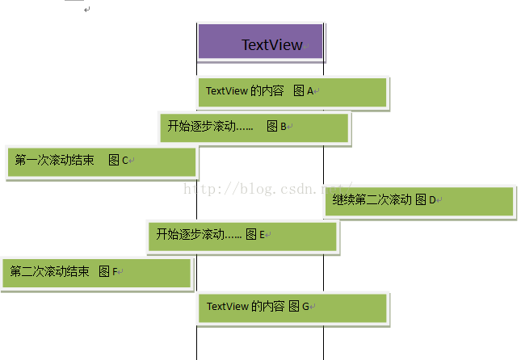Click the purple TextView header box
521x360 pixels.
tap(260, 42)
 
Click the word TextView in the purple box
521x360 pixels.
tap(272, 45)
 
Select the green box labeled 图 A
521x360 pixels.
tap(293, 92)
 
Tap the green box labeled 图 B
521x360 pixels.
tap(254, 128)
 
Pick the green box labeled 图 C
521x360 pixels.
tap(102, 161)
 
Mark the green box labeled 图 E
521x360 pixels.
tap(242, 236)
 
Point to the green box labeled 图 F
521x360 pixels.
tap(97, 273)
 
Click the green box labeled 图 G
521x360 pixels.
tap(292, 308)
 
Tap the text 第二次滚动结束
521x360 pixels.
tap(49, 272)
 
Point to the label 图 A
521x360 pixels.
tap(303, 91)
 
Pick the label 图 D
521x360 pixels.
tap(426, 199)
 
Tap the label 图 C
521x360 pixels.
tap(118, 160)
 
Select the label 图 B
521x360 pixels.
tap(277, 126)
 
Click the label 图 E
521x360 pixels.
tap(256, 235)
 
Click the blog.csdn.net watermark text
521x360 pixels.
tap(267, 188)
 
